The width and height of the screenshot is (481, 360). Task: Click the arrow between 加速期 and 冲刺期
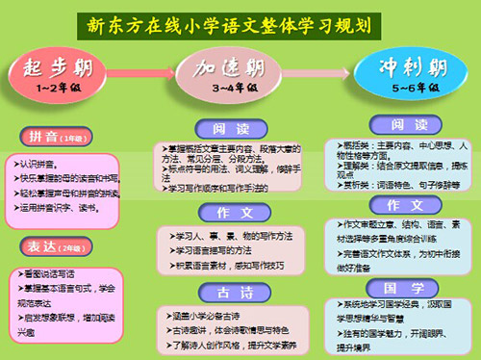tap(325, 73)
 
